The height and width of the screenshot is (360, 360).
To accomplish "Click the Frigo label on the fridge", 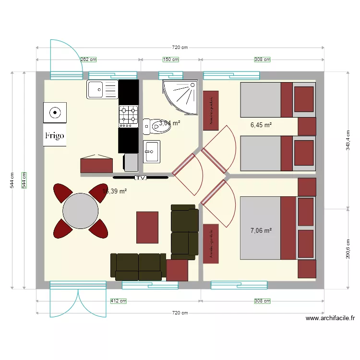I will (55, 136).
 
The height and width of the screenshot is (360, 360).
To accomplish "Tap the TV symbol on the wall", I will (140, 178).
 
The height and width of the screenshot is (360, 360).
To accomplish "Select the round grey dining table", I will (81, 210).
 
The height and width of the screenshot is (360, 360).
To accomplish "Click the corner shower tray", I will (180, 97).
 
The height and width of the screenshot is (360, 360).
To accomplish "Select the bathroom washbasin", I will (151, 151).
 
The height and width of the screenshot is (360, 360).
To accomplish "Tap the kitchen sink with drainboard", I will (102, 89).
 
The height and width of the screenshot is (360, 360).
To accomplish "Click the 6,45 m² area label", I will (261, 125).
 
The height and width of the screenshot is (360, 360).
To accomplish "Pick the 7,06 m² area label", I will (261, 230).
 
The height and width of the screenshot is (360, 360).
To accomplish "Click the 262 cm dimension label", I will (88, 60).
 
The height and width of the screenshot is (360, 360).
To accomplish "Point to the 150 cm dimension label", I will (171, 60).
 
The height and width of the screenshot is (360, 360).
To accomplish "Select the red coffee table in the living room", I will (147, 227).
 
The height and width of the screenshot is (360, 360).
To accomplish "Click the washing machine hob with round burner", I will (55, 113).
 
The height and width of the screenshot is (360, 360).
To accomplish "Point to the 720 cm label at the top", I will (180, 47).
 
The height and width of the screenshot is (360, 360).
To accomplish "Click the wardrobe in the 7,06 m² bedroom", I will (210, 243).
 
